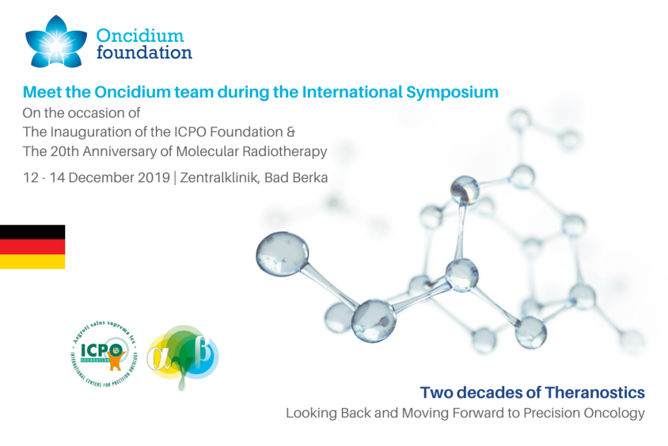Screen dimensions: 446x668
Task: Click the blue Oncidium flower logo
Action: (56, 42)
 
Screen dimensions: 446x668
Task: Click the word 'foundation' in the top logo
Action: (144, 52)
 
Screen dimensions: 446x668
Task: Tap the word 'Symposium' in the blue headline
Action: (452, 92)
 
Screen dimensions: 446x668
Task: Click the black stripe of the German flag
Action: (32, 232)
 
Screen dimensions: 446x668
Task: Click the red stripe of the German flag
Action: (32, 247)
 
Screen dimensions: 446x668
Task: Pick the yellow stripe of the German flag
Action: (32, 261)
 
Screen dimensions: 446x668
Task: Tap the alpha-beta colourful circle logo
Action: (183, 356)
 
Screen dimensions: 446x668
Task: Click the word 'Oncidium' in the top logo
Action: (140, 35)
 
